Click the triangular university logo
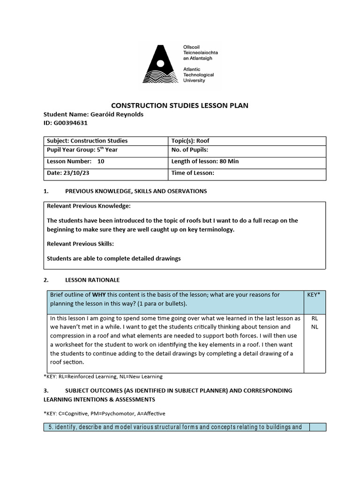tap(161, 64)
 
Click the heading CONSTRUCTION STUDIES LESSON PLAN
tap(179, 105)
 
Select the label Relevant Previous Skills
tap(81, 244)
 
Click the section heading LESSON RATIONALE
tap(92, 280)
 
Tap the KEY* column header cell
tap(314, 295)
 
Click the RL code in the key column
tap(314, 318)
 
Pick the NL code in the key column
tap(314, 327)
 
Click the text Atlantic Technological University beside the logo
tap(198, 75)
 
